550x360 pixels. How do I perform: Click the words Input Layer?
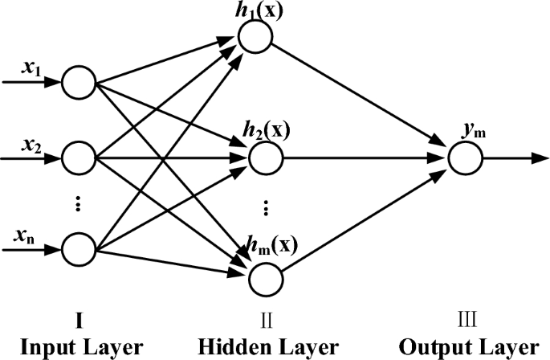pyautogui.click(x=79, y=347)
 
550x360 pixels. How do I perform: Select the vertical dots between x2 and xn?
pyautogui.click(x=78, y=204)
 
